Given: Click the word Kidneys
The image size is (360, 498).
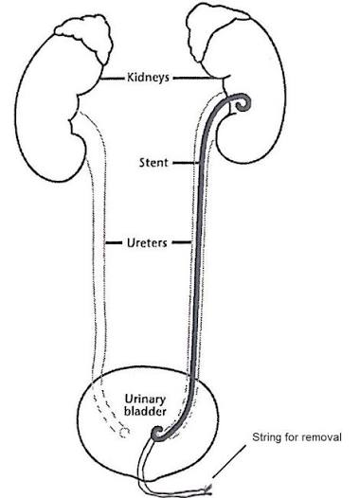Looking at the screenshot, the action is [148, 78].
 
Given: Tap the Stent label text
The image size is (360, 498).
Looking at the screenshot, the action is [153, 163].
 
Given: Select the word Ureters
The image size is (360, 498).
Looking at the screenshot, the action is [147, 243].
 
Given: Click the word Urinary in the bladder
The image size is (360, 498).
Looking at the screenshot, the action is [145, 400].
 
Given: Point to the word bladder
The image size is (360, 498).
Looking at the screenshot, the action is [145, 412].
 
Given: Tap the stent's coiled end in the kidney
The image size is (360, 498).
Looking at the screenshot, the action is [243, 103].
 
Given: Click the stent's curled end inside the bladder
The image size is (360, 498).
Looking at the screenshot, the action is [157, 434].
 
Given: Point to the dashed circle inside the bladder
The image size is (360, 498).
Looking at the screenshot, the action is [124, 432].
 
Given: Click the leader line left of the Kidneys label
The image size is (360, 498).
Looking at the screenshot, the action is [113, 79].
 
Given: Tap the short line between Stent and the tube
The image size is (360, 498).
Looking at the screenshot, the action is [186, 163].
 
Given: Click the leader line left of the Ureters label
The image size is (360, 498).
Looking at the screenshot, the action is [114, 243].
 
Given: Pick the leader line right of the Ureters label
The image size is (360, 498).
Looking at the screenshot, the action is [182, 243].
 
